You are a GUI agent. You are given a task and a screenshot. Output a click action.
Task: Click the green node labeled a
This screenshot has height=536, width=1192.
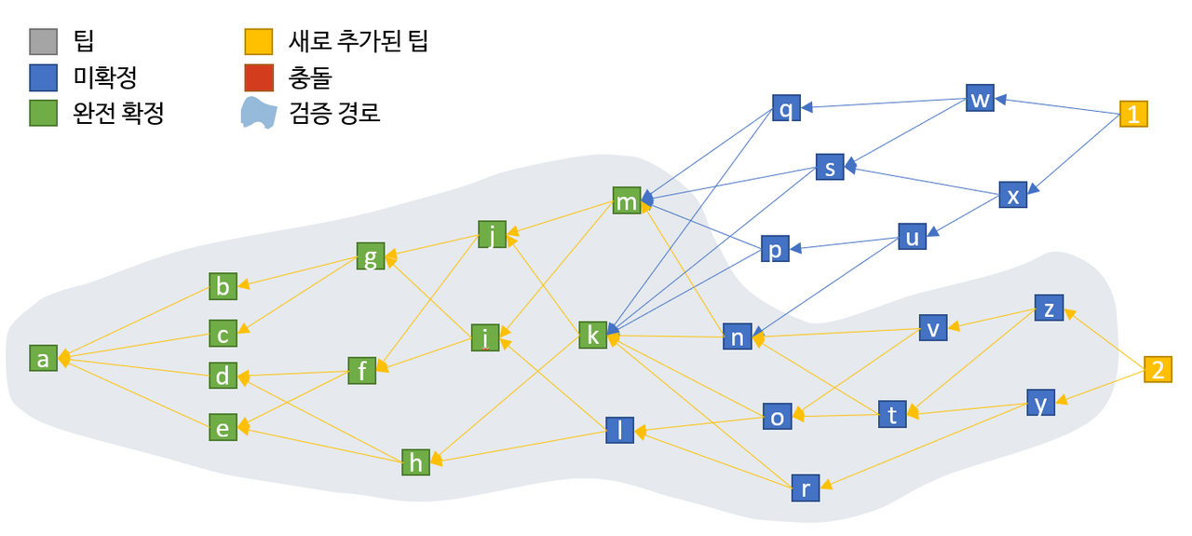pyautogui.click(x=43, y=358)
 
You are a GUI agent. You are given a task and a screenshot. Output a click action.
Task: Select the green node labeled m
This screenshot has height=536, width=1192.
pyautogui.click(x=627, y=200)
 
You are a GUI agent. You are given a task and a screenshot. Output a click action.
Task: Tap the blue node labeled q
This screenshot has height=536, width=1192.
pyautogui.click(x=786, y=108)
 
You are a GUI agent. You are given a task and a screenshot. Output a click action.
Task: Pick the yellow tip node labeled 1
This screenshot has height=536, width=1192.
pyautogui.click(x=1133, y=114)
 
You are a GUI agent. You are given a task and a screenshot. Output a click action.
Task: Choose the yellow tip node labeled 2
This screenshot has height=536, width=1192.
pyautogui.click(x=1158, y=369)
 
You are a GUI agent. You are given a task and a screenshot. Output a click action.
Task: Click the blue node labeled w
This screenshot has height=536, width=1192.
pyautogui.click(x=980, y=98)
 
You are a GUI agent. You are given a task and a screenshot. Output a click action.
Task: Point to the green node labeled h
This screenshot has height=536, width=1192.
pyautogui.click(x=415, y=462)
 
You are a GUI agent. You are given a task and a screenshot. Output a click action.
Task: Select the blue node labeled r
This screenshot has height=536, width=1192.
pyautogui.click(x=806, y=488)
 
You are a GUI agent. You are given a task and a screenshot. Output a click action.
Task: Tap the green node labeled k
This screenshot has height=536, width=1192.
pyautogui.click(x=593, y=336)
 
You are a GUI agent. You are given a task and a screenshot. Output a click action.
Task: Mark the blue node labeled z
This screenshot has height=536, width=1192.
pyautogui.click(x=1049, y=308)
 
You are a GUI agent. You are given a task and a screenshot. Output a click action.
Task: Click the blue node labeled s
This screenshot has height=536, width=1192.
pyautogui.click(x=830, y=167)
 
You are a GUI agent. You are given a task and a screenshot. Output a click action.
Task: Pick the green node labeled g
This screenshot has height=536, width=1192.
pyautogui.click(x=371, y=256)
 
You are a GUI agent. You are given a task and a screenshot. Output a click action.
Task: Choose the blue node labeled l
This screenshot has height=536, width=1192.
pyautogui.click(x=620, y=430)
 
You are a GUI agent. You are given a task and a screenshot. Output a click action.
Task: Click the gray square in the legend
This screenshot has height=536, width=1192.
pyautogui.click(x=43, y=42)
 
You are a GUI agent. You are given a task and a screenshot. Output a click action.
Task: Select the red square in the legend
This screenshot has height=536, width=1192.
pyautogui.click(x=259, y=77)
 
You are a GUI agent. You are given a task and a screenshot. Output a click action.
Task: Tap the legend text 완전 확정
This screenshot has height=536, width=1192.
pyautogui.click(x=118, y=113)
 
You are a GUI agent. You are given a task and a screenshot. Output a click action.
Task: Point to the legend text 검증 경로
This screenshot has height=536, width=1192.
pyautogui.click(x=334, y=113)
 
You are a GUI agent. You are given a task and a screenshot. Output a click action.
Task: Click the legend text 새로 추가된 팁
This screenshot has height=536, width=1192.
pyautogui.click(x=359, y=41)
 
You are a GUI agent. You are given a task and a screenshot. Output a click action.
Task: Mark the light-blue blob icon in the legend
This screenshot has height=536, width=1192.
pyautogui.click(x=259, y=113)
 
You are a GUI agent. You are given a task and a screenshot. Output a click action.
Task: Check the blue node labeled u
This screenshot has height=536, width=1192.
pyautogui.click(x=912, y=237)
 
